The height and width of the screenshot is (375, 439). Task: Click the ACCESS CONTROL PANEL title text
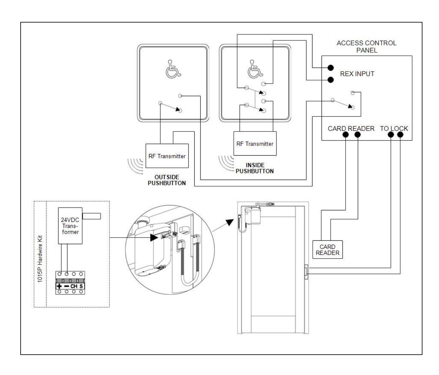point(366,47)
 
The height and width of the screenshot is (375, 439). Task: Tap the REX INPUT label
point(357,74)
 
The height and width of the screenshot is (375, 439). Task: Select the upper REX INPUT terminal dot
point(330,68)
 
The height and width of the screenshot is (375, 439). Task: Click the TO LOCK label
point(394,129)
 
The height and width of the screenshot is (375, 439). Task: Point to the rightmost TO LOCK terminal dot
point(400,135)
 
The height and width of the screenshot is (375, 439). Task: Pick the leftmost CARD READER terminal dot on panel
point(345,135)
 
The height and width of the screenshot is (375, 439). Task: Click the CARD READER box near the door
point(327,249)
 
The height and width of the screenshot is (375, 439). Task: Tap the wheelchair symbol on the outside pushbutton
point(173,69)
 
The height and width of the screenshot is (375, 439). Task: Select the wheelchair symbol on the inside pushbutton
point(255,69)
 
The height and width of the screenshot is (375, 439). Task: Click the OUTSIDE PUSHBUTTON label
point(167,180)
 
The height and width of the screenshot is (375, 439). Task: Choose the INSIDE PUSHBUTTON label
point(255,168)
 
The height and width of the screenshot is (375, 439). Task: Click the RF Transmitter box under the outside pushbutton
point(167,156)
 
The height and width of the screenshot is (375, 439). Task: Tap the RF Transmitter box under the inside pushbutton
point(255,143)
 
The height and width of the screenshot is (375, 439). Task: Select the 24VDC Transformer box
point(70,226)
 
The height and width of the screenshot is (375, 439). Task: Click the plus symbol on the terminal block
point(59,286)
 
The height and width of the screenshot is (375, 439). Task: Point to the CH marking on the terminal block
point(74,286)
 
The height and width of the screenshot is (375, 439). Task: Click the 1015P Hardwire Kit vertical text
point(40,259)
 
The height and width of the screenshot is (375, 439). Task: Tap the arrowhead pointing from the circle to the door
point(230,222)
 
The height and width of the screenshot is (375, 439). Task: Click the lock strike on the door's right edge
point(306,272)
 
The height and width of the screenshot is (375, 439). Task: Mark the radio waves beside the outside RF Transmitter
point(135,166)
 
